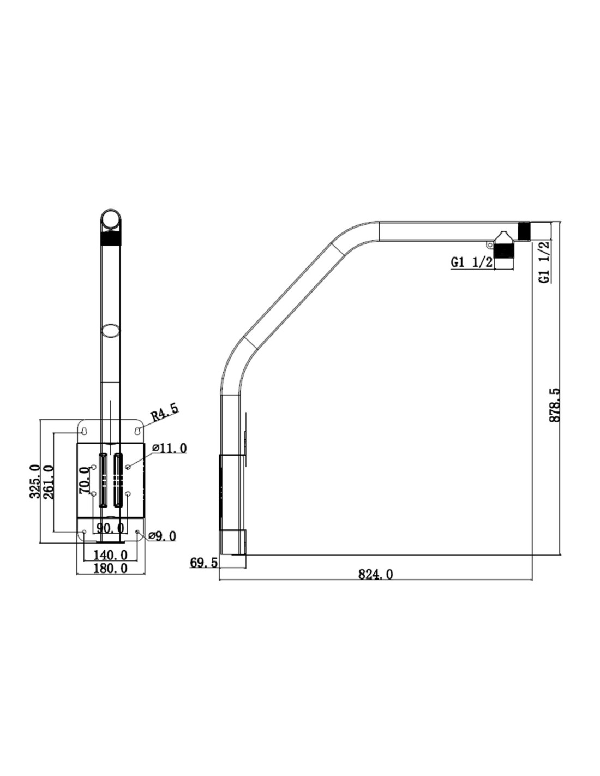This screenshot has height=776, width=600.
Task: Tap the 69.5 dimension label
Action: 203,563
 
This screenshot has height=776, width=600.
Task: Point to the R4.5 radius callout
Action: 164,411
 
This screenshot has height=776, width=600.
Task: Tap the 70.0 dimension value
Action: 85,481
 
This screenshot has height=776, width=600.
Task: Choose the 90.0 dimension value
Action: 110,528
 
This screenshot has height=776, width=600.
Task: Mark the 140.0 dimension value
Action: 110,555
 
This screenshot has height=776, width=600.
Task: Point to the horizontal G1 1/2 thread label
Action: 472,262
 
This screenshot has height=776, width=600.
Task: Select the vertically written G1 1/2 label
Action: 545,262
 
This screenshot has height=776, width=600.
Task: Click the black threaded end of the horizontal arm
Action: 524,230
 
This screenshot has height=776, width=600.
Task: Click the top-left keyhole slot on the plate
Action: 84,431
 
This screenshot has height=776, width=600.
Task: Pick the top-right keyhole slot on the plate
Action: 137,431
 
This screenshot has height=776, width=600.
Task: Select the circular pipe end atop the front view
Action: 111,219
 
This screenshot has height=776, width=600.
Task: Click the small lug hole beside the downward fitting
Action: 490,244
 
